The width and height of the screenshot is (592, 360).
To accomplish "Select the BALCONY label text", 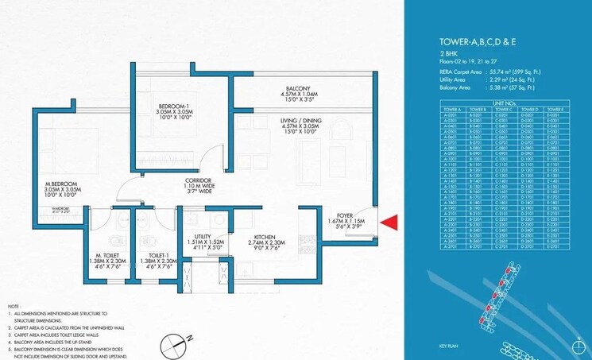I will point(299,89).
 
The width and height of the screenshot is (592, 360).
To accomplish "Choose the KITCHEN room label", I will point(265,237).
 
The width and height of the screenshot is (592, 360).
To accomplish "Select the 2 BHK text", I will point(447,54).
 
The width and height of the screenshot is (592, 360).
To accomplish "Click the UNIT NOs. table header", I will point(505,103).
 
